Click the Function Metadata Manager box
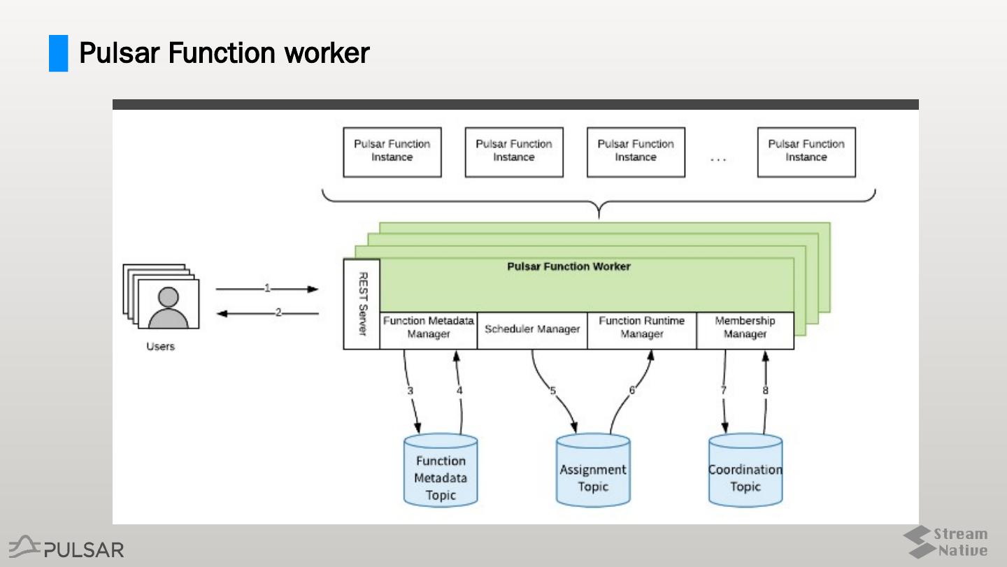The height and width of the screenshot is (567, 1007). pyautogui.click(x=429, y=329)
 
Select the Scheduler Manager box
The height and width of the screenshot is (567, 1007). pyautogui.click(x=532, y=329)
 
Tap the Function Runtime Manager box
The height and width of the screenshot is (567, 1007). pyautogui.click(x=641, y=329)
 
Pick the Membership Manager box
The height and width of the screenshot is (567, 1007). pyautogui.click(x=745, y=329)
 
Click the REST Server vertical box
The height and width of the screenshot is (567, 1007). pyautogui.click(x=362, y=304)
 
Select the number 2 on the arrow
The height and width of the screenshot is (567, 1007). pyautogui.click(x=278, y=313)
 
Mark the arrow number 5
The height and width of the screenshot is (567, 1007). pyautogui.click(x=552, y=391)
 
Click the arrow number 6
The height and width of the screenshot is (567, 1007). pyautogui.click(x=632, y=391)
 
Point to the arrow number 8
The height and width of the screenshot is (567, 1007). pyautogui.click(x=765, y=391)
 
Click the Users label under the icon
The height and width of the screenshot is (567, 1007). pyautogui.click(x=160, y=346)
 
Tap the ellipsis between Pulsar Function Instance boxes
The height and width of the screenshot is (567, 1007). pyautogui.click(x=718, y=160)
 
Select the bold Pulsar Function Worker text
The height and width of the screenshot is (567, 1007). pyautogui.click(x=569, y=266)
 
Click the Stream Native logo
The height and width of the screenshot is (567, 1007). pyautogui.click(x=945, y=542)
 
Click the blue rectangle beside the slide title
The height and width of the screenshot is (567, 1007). pyautogui.click(x=58, y=53)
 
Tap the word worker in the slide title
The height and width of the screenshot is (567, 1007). pyautogui.click(x=325, y=53)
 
